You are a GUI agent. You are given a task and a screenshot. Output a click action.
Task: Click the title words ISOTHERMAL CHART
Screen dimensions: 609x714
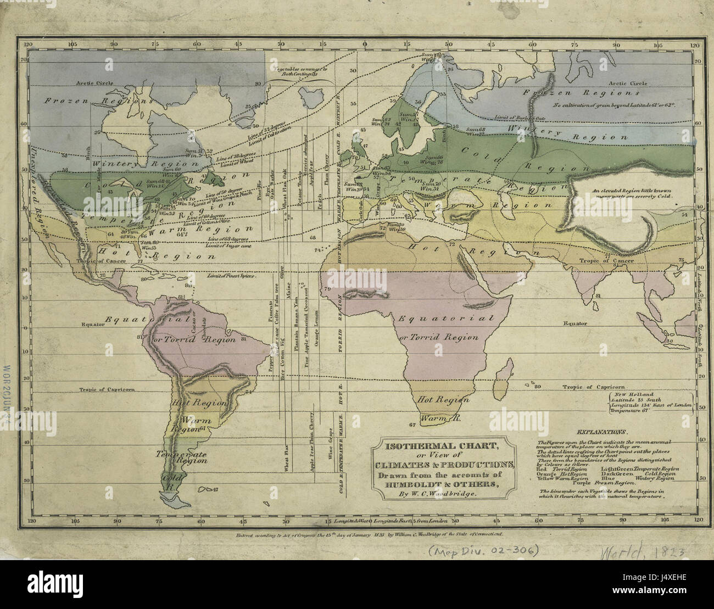click(443, 445)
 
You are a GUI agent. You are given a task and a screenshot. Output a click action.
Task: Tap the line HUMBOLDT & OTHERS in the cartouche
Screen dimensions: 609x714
click(443, 483)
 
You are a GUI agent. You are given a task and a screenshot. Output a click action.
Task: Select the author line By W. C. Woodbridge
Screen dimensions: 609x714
click(443, 494)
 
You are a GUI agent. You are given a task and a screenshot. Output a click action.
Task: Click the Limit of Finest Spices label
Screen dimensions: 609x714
click(231, 276)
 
